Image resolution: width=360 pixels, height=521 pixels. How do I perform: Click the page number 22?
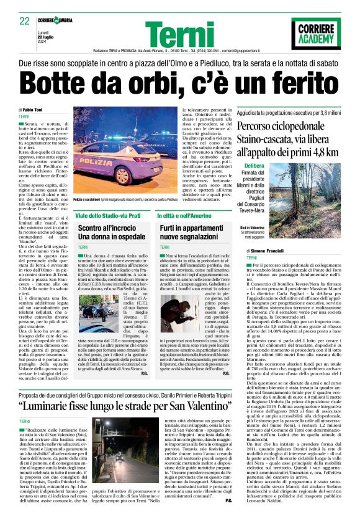tap(24, 20)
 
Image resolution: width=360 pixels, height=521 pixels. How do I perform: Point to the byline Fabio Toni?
tap(43, 110)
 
